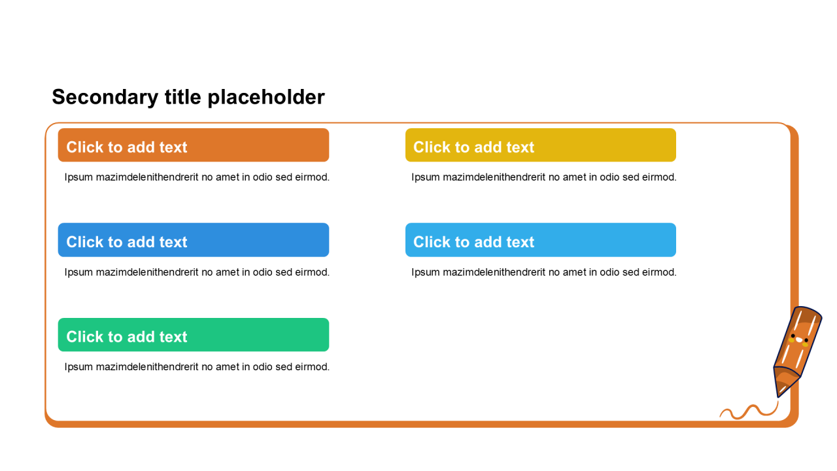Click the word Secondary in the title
105,98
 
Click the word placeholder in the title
266,97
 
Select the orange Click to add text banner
194,145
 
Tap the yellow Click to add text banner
541,145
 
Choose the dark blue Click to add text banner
194,240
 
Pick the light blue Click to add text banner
541,240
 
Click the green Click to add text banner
194,334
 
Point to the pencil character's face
799,340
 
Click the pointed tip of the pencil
778,396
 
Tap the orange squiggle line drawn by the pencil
749,411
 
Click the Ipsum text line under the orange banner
197,177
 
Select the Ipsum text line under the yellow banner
544,177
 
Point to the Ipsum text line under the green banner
197,367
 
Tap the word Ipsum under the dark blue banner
78,273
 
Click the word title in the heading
182,97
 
